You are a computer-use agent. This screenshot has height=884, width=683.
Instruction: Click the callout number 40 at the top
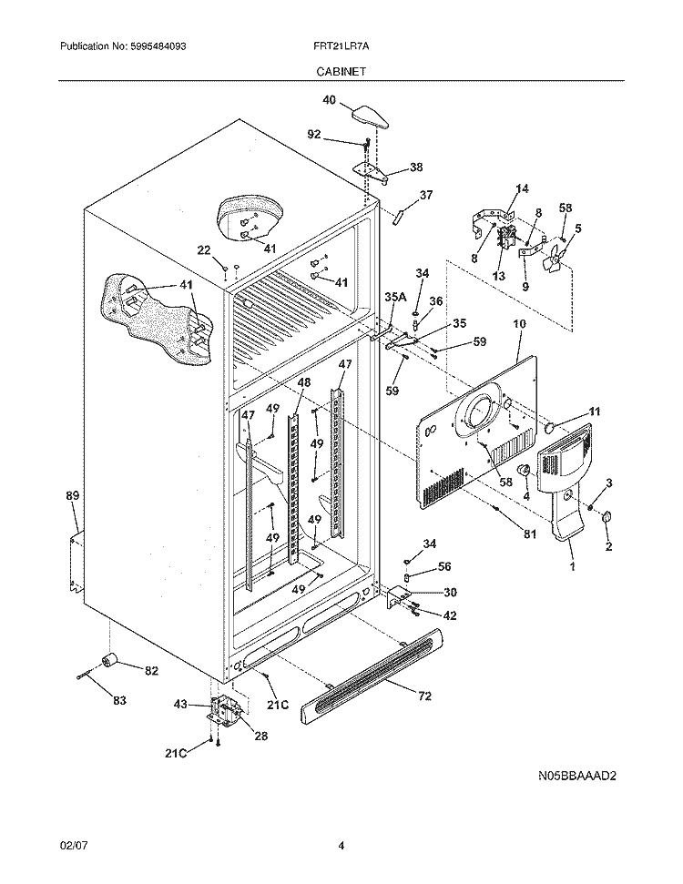(328, 100)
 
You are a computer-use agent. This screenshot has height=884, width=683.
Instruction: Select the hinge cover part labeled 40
(368, 117)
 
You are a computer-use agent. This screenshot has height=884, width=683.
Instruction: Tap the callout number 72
(426, 697)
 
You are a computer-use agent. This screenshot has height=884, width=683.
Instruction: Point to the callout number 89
(73, 495)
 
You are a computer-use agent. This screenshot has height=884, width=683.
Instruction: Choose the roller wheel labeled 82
(112, 660)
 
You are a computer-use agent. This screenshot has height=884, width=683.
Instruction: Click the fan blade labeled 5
(552, 261)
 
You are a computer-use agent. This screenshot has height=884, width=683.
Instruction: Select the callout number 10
(518, 323)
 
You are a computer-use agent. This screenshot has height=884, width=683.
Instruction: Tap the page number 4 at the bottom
(341, 846)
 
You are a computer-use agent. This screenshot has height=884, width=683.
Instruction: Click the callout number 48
(303, 382)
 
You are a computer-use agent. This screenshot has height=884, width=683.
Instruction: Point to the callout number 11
(594, 412)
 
